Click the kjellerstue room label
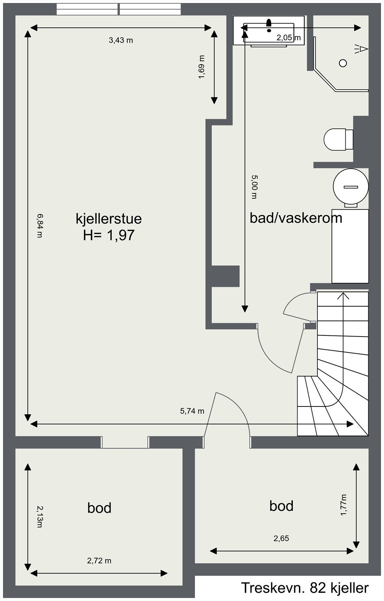click(109, 219)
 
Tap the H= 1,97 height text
click(109, 236)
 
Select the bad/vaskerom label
click(296, 218)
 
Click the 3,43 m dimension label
click(121, 40)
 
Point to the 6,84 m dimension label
click(39, 225)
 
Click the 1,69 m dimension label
click(202, 67)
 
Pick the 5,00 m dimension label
click(254, 186)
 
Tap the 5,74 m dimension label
click(192, 411)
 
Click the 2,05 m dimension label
click(289, 38)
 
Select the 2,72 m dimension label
click(99, 561)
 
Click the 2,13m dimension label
click(39, 516)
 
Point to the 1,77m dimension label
click(344, 505)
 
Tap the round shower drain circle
click(343, 63)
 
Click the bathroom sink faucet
click(268, 24)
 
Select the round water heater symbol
click(351, 187)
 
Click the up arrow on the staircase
click(343, 296)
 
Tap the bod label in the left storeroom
click(99, 508)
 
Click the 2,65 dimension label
click(281, 538)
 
